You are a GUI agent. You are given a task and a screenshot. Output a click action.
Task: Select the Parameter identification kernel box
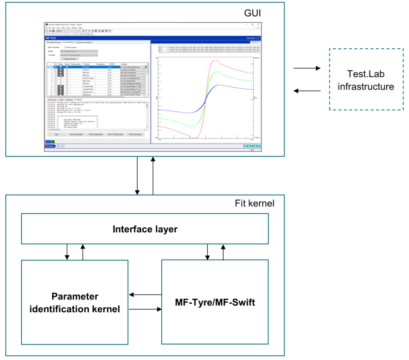tap(75, 303)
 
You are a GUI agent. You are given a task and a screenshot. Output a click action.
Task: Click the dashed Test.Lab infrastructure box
tap(365, 79)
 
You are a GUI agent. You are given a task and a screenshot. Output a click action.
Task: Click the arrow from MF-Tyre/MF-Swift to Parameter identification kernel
tap(145, 295)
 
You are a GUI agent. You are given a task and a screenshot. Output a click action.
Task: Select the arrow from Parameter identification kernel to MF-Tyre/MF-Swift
tap(145, 310)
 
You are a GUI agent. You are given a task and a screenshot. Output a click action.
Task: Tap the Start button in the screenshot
tap(57, 135)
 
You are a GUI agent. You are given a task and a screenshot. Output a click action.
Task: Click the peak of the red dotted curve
tap(214, 60)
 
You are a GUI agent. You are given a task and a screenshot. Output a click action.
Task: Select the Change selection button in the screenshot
tap(70, 59)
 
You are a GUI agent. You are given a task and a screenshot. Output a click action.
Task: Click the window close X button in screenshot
tap(259, 24)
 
